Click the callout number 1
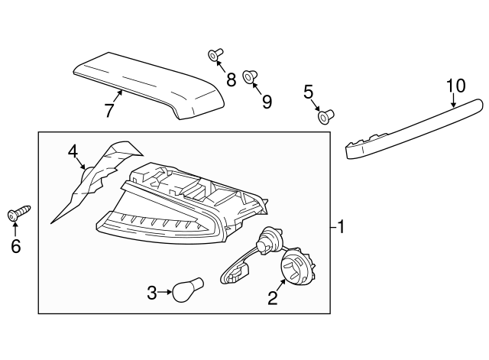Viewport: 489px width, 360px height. tap(341, 227)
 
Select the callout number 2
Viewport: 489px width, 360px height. tap(272, 298)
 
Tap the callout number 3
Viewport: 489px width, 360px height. tap(151, 293)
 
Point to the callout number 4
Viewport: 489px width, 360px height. tap(73, 152)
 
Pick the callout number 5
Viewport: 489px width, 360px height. tap(308, 92)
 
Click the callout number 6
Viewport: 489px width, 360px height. tap(15, 246)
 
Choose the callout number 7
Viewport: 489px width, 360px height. tap(108, 110)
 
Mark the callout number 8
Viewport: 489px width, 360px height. tap(231, 79)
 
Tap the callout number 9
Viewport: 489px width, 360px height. tap(267, 102)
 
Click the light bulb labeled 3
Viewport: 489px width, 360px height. tap(188, 290)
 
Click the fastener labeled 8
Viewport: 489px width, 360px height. tap(215, 54)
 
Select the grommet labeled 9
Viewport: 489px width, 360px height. tap(250, 77)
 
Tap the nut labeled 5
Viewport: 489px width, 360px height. tap(326, 117)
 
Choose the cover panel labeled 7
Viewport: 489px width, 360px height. tap(150, 86)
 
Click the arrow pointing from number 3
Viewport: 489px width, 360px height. tap(164, 292)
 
